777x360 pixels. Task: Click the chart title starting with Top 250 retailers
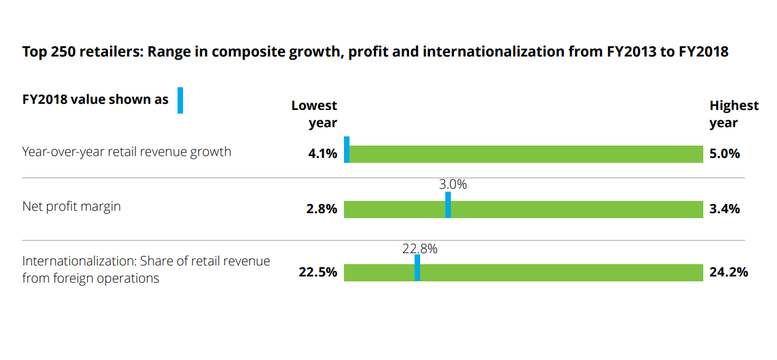pyautogui.click(x=375, y=52)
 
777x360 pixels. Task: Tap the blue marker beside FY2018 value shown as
pyautogui.click(x=180, y=101)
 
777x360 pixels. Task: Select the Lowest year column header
pyautogui.click(x=314, y=114)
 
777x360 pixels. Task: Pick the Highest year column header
pyautogui.click(x=734, y=114)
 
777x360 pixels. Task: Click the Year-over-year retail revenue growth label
pyautogui.click(x=127, y=151)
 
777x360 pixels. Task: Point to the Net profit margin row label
pyautogui.click(x=71, y=206)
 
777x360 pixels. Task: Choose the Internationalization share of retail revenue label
pyautogui.click(x=146, y=269)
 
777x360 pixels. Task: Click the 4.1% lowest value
pyautogui.click(x=322, y=154)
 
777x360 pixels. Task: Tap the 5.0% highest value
pyautogui.click(x=724, y=154)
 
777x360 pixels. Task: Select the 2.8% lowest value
pyautogui.click(x=322, y=209)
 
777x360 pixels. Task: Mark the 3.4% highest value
pyautogui.click(x=724, y=209)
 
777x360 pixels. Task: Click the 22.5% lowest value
pyautogui.click(x=318, y=272)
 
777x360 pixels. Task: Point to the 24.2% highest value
pyautogui.click(x=728, y=272)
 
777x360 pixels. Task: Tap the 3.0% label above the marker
pyautogui.click(x=453, y=184)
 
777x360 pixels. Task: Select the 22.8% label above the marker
pyautogui.click(x=420, y=249)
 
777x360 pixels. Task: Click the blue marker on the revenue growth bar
pyautogui.click(x=346, y=150)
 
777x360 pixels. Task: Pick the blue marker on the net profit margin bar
pyautogui.click(x=448, y=205)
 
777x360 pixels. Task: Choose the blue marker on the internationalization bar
pyautogui.click(x=417, y=268)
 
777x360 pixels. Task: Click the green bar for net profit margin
pyautogui.click(x=577, y=209)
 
